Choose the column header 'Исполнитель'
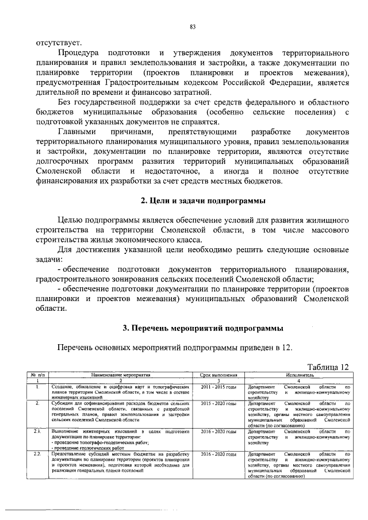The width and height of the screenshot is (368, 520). coord(298,374)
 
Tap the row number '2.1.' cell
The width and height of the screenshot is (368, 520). coord(37,431)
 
